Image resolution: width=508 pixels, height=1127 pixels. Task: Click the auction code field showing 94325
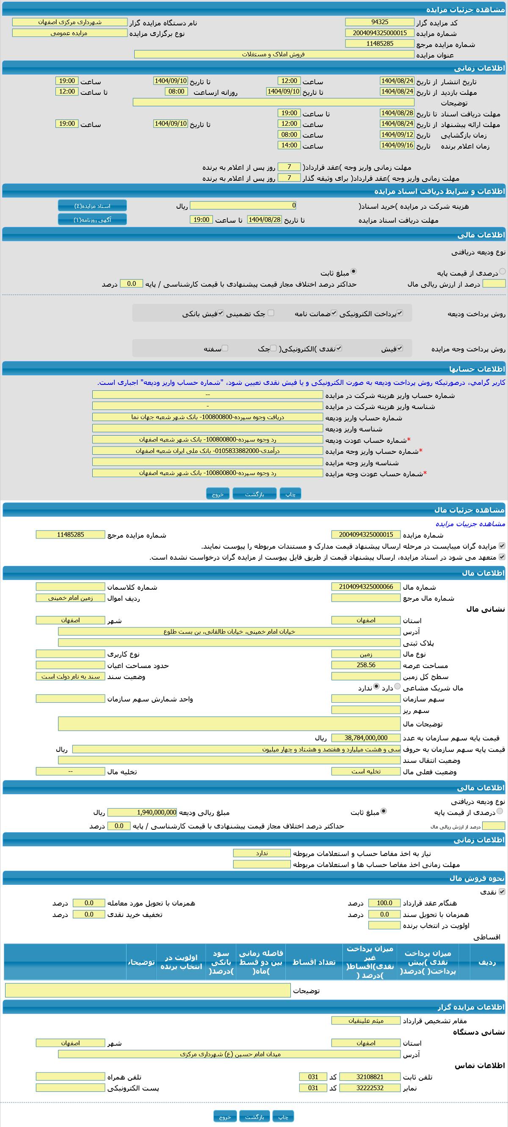coord(379,22)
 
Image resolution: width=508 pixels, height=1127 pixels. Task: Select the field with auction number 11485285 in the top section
coord(379,44)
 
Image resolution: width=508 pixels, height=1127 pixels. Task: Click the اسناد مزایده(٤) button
coord(92,206)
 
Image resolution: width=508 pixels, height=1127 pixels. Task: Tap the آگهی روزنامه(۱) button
coord(92,220)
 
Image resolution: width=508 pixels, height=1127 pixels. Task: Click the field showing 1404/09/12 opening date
coord(397,135)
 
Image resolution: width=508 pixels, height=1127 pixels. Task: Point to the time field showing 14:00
coord(289,145)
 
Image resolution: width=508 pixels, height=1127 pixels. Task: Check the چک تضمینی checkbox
coord(271,313)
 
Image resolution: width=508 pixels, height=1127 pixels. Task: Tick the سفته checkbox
coord(225,348)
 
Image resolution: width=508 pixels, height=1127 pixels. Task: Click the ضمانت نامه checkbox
coord(334,313)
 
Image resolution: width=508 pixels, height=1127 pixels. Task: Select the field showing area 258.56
coord(366,665)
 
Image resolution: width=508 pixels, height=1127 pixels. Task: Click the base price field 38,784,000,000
coord(366,738)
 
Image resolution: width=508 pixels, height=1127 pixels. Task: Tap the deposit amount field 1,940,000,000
coord(142,812)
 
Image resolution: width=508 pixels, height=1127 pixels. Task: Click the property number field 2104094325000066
coord(366,587)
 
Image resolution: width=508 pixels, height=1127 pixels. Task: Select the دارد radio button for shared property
coord(398,686)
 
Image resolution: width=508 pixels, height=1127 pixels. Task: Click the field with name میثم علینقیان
coord(366,1021)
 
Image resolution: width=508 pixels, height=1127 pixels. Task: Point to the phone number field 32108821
coord(370,1077)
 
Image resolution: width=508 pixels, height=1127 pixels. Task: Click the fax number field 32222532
coord(370,1088)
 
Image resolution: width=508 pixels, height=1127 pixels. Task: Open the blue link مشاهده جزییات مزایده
coord(470,524)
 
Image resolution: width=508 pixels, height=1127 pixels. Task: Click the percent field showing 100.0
coord(384,903)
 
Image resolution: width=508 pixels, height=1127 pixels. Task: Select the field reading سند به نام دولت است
coord(70,677)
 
